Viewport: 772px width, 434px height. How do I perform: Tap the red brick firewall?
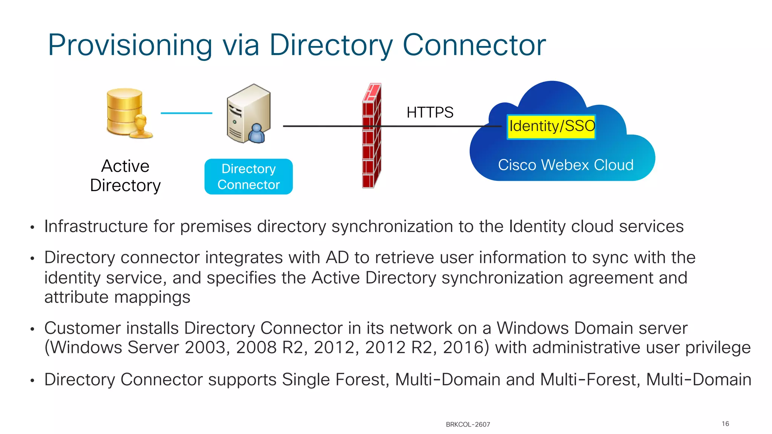(372, 136)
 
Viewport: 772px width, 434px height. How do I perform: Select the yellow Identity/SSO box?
(551, 127)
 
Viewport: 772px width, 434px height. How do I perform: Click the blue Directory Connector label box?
(248, 177)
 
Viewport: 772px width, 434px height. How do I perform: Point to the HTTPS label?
(430, 112)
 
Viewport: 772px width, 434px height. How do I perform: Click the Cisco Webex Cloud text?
(565, 165)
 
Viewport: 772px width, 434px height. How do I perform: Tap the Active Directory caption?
(126, 176)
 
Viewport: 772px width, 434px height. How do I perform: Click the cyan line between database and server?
(186, 113)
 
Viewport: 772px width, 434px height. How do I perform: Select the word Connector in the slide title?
(474, 45)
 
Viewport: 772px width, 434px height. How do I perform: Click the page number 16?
(725, 424)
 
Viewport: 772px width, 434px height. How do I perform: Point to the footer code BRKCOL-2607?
(468, 425)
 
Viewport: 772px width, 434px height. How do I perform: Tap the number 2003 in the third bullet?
(205, 347)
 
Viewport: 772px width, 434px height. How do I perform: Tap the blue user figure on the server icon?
(257, 134)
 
